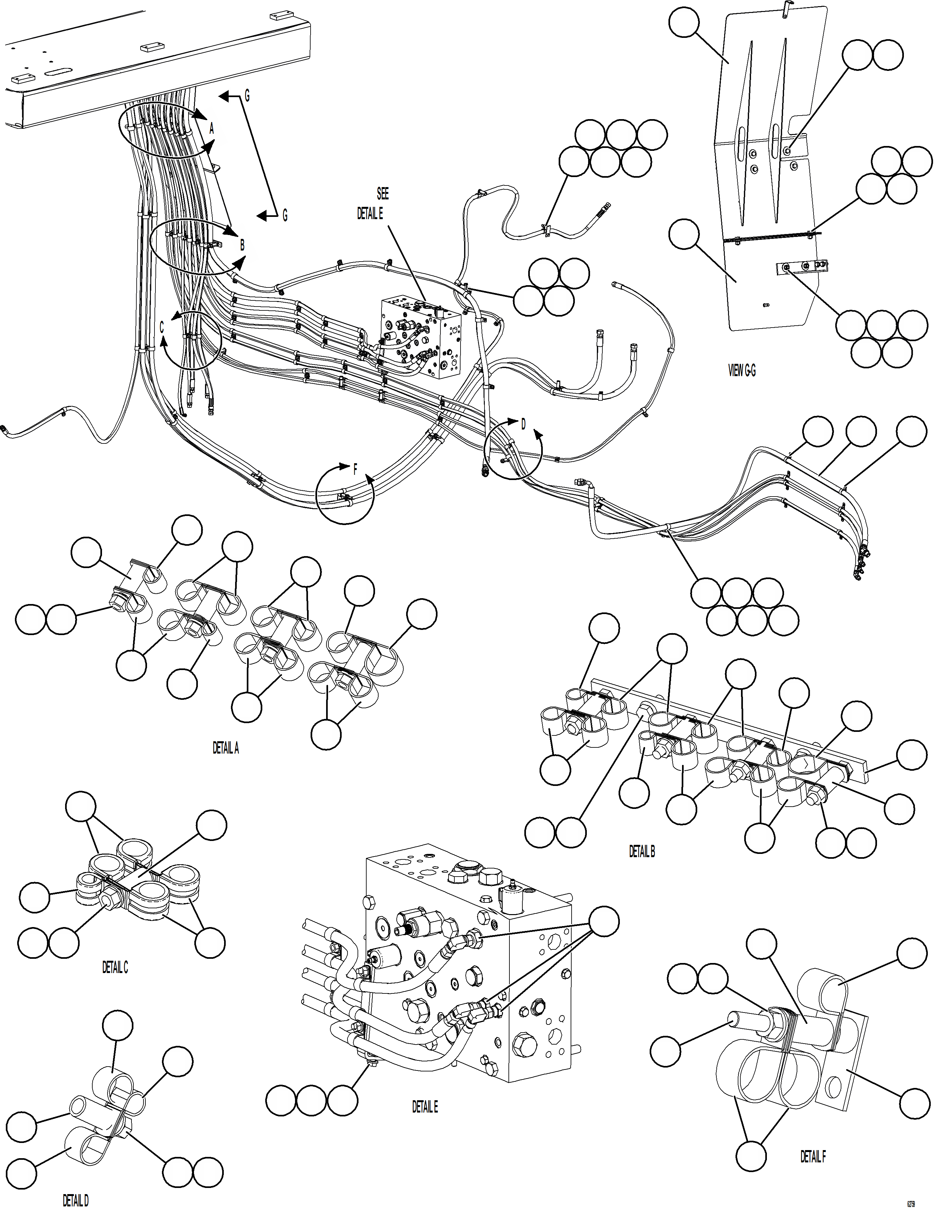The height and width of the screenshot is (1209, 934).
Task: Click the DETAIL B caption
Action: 642,851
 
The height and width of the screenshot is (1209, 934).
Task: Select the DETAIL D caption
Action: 75,1201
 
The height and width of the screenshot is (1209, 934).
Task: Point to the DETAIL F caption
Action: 813,1157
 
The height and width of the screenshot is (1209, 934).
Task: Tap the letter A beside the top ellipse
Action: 211,129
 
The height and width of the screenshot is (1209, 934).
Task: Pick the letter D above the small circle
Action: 523,424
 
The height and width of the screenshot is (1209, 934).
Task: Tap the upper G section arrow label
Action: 247,96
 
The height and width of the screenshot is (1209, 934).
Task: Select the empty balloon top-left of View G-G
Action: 684,22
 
